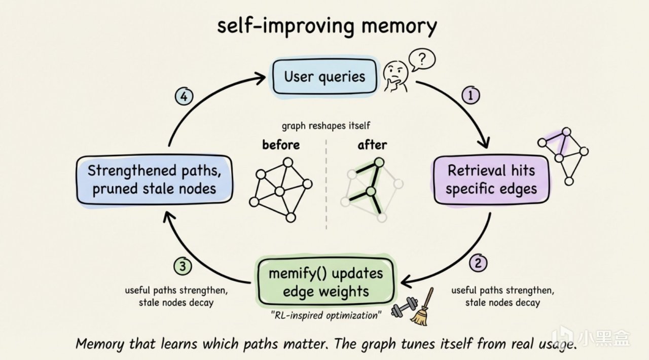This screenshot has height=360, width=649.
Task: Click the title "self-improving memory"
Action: [x=327, y=26]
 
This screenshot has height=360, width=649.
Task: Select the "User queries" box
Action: [x=324, y=77]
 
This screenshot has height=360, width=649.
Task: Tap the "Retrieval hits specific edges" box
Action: [x=491, y=179]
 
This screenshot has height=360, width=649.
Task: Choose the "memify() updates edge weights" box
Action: [x=325, y=282]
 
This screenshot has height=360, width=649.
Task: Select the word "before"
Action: [x=280, y=145]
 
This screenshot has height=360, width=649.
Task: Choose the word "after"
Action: [x=372, y=145]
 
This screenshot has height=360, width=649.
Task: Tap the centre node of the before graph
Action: [x=279, y=191]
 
